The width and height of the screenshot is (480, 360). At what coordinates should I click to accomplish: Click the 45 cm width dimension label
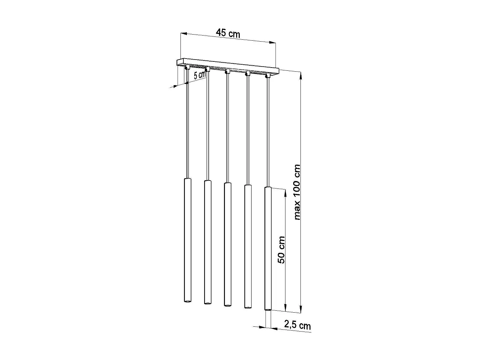228,33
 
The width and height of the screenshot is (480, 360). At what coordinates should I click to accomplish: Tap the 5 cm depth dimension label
200,75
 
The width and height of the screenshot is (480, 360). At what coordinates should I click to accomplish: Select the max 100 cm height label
297,192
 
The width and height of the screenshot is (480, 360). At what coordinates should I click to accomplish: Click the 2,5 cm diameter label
297,325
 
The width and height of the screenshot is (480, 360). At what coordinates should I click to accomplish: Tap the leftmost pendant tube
188,240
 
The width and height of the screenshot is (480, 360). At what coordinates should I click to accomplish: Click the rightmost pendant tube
268,248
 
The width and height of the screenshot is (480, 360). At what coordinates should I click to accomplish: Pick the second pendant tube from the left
208,242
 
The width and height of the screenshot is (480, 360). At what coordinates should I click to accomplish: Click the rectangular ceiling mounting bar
228,64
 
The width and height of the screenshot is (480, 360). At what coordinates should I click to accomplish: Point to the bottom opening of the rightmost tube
268,309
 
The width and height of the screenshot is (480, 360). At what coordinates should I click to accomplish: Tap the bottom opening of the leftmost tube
188,301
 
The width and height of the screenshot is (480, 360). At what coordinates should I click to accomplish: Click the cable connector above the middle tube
227,71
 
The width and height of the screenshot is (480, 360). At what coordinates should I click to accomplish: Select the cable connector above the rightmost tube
267,76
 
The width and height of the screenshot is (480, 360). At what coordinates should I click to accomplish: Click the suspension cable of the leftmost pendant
187,125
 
